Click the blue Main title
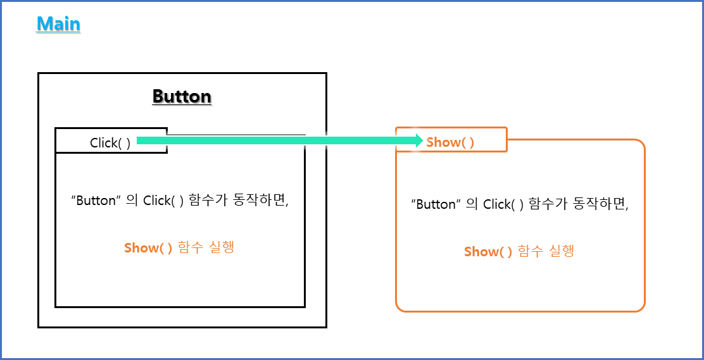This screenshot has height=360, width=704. (58, 24)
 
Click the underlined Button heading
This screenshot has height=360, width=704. (182, 97)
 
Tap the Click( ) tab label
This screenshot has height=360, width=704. (110, 143)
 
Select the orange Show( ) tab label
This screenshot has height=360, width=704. (450, 142)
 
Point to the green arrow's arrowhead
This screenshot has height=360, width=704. (418, 141)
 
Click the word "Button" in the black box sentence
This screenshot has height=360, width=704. (97, 201)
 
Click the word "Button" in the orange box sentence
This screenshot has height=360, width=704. (437, 204)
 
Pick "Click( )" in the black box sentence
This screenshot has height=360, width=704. (164, 201)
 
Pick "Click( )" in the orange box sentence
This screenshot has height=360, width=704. (504, 204)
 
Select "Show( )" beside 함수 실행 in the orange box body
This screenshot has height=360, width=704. (488, 251)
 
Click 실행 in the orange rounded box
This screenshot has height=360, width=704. (562, 251)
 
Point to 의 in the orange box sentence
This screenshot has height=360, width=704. (472, 204)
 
